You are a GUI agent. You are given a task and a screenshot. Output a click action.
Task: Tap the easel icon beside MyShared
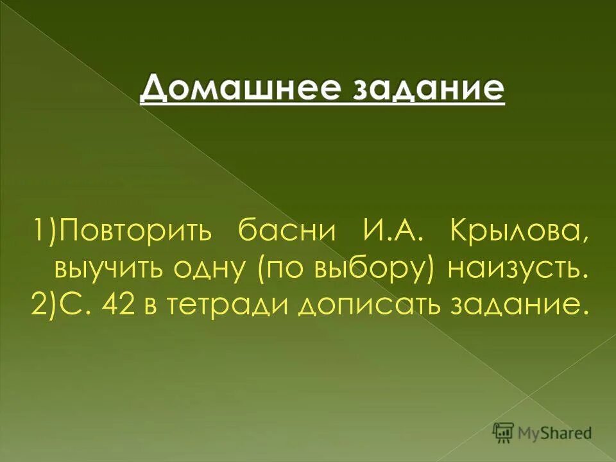[504, 433]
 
